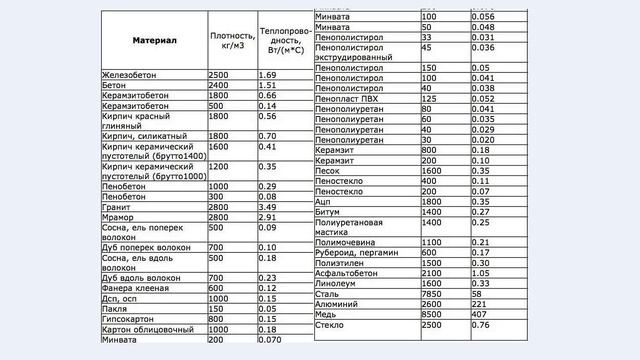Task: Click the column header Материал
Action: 154,41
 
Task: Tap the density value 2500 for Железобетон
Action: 219,75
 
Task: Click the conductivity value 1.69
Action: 267,75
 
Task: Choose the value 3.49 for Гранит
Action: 267,206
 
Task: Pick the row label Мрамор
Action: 119,216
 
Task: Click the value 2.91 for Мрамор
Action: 267,216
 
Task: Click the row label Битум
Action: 328,212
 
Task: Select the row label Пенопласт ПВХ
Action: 351,99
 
